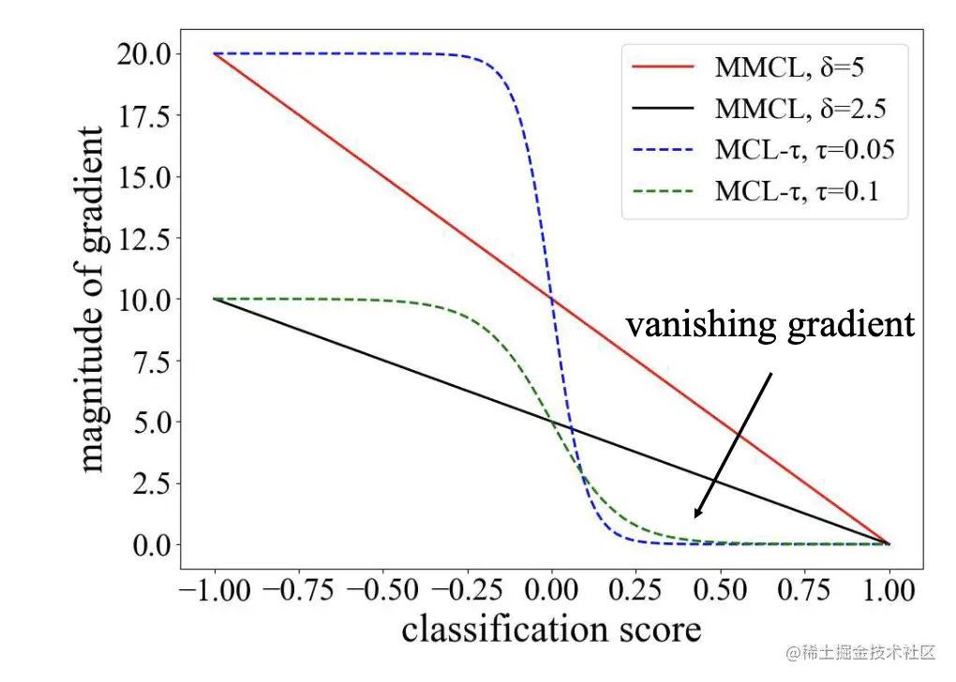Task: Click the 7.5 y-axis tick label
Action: [x=146, y=361]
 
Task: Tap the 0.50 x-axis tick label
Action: [x=720, y=591]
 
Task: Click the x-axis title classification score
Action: [x=551, y=629]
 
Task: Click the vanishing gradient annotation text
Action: [x=769, y=325]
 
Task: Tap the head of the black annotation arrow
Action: [x=695, y=515]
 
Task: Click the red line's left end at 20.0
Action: [x=215, y=54]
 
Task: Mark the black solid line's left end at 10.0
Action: [x=215, y=299]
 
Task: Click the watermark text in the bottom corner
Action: [x=861, y=651]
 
